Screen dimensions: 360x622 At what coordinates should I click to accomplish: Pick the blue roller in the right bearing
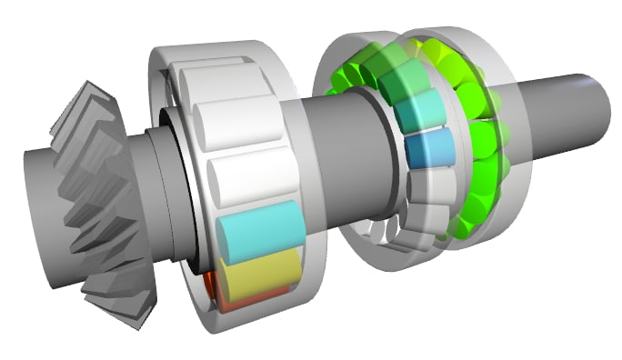[426, 150]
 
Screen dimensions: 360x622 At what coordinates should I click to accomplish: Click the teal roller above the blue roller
[418, 113]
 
